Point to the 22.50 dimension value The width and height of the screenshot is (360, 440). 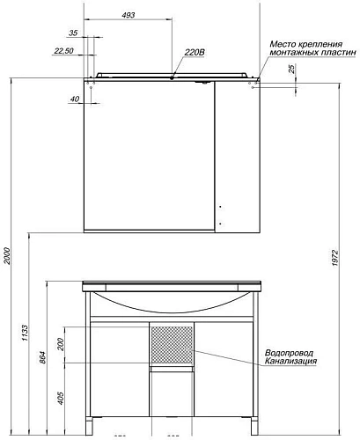[x=63, y=50]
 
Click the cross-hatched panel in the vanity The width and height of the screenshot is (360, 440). [x=173, y=345]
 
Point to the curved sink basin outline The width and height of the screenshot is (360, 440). [x=171, y=308]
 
